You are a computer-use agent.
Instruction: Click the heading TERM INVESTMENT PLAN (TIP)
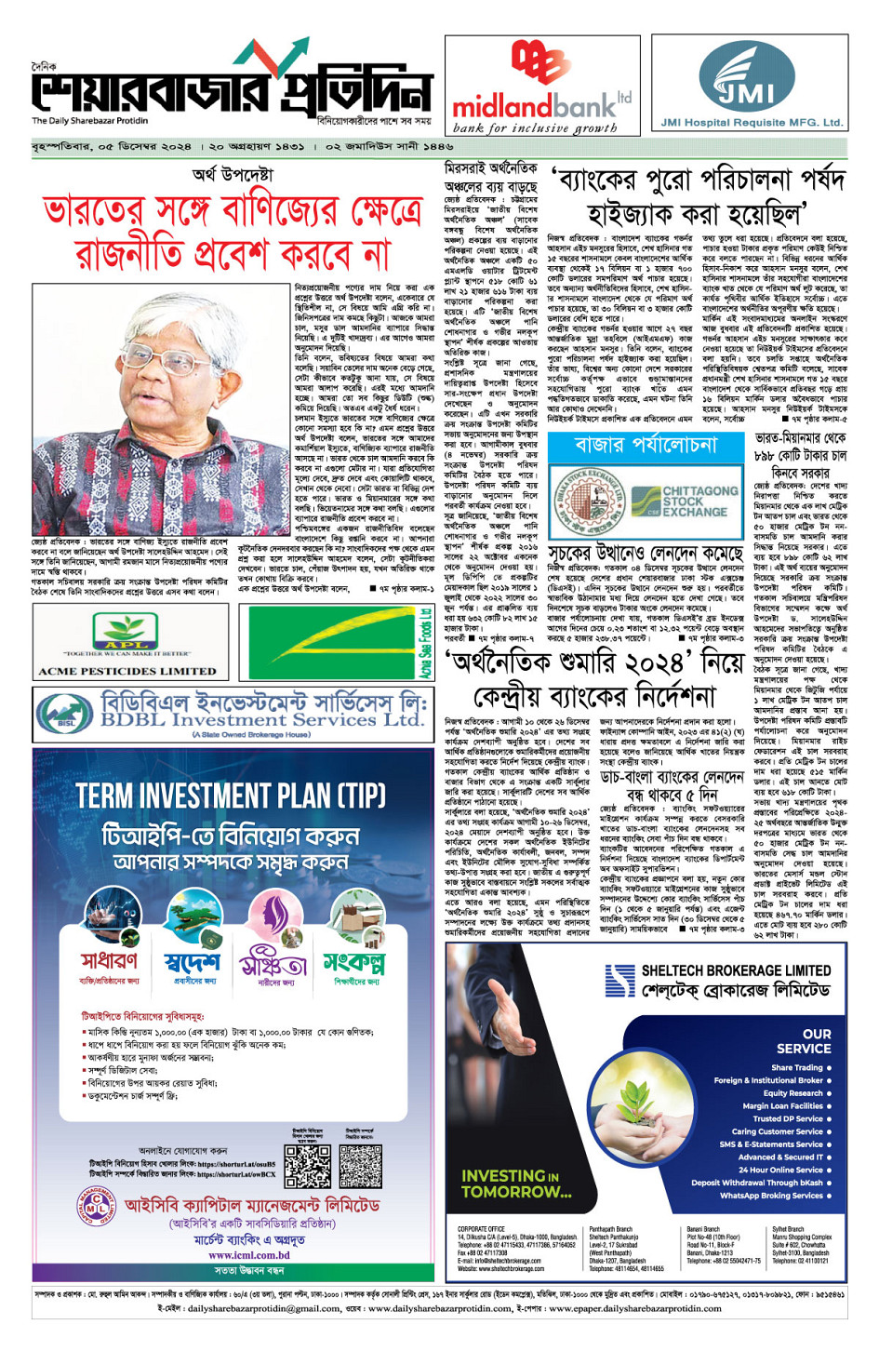tap(231, 796)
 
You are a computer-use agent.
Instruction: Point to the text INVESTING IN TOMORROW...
tap(516, 1184)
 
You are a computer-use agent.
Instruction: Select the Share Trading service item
tap(797, 1067)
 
